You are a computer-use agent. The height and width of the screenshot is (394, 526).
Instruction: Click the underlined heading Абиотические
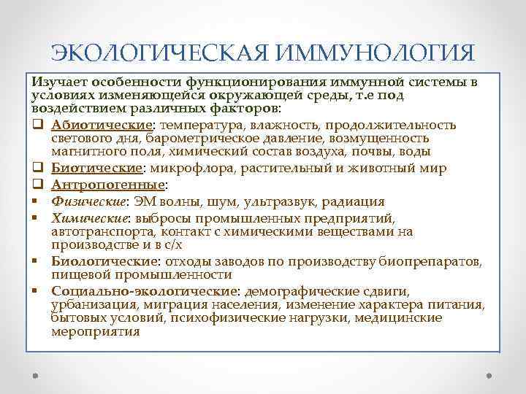coord(93,125)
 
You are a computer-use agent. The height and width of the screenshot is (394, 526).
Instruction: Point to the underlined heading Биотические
coord(88,169)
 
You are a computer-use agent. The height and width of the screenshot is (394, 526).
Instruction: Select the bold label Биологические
coord(96,262)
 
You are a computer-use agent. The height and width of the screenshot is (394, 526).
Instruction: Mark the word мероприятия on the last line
coord(95,331)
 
